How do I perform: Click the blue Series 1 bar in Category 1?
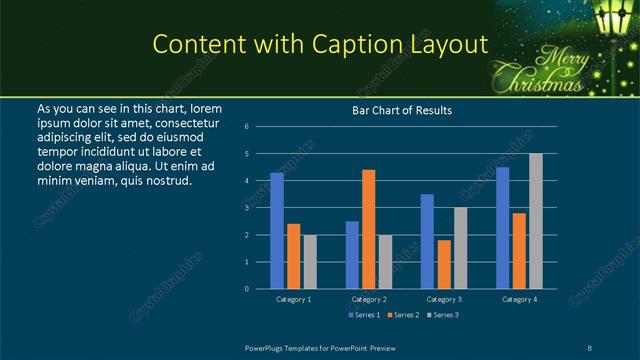click(x=277, y=231)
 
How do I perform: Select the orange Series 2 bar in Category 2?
click(x=369, y=229)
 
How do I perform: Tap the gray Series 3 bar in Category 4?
click(x=536, y=221)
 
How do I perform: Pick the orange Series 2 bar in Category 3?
click(x=444, y=264)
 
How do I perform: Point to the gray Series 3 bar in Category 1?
click(x=310, y=262)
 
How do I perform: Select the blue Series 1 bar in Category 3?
click(x=427, y=241)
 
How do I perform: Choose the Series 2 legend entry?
click(x=402, y=315)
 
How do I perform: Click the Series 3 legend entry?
click(x=441, y=315)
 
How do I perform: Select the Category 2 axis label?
click(x=369, y=299)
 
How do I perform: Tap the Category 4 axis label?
click(x=519, y=299)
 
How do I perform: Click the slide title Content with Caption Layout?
click(x=320, y=44)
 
